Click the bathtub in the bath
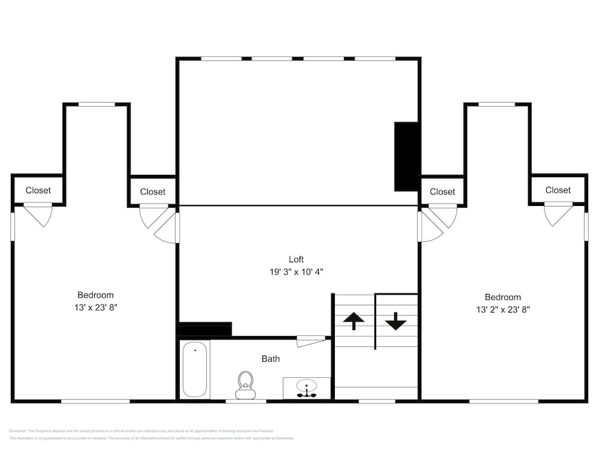195,369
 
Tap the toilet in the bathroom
245,385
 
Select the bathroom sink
307,388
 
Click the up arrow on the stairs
353,321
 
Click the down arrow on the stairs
395,321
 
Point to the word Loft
297,259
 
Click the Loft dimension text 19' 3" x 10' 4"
297,272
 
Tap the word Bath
271,359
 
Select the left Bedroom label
95,295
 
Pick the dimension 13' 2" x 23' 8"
503,310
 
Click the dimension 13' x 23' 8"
95,307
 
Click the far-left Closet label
38,190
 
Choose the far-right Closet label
558,190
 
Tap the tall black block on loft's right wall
406,157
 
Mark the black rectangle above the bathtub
205,330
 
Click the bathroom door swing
310,341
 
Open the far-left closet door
38,214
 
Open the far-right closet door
556,213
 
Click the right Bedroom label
503,297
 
